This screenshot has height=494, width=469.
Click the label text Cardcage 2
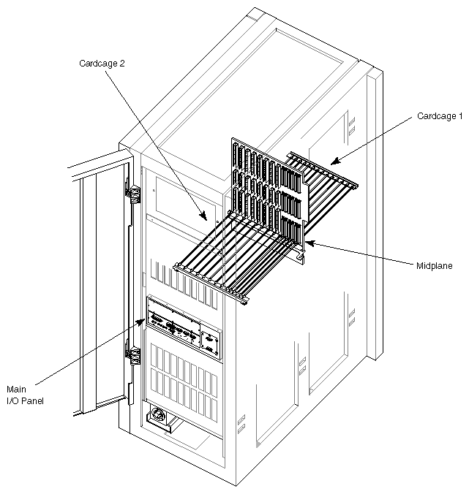(x=102, y=64)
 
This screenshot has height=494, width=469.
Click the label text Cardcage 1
(x=440, y=116)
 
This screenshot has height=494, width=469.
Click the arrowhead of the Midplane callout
(x=307, y=242)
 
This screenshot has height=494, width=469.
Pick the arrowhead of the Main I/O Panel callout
(x=145, y=319)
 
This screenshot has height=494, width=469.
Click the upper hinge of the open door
(x=135, y=193)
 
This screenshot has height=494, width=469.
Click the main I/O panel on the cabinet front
(x=183, y=327)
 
